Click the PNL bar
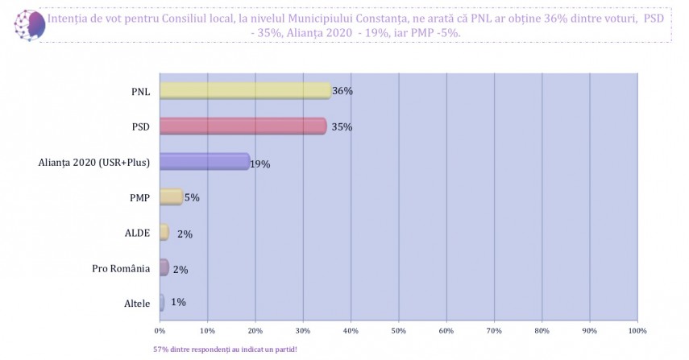coord(245,91)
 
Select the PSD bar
coord(243,126)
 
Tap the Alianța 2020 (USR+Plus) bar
coord(205,162)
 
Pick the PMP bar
coord(171,197)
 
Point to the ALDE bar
coord(164,233)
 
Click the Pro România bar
coord(164,268)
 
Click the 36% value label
coord(342,91)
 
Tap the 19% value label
coord(259,164)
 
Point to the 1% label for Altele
coord(178,302)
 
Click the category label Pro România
coord(121,268)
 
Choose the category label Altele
coord(135,304)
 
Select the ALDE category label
coord(136,233)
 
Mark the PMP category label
coord(139,197)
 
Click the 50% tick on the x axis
coord(398,330)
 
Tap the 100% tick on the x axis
coord(637,330)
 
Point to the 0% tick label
coord(160,330)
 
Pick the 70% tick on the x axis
coord(494,330)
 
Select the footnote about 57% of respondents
coord(225,350)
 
